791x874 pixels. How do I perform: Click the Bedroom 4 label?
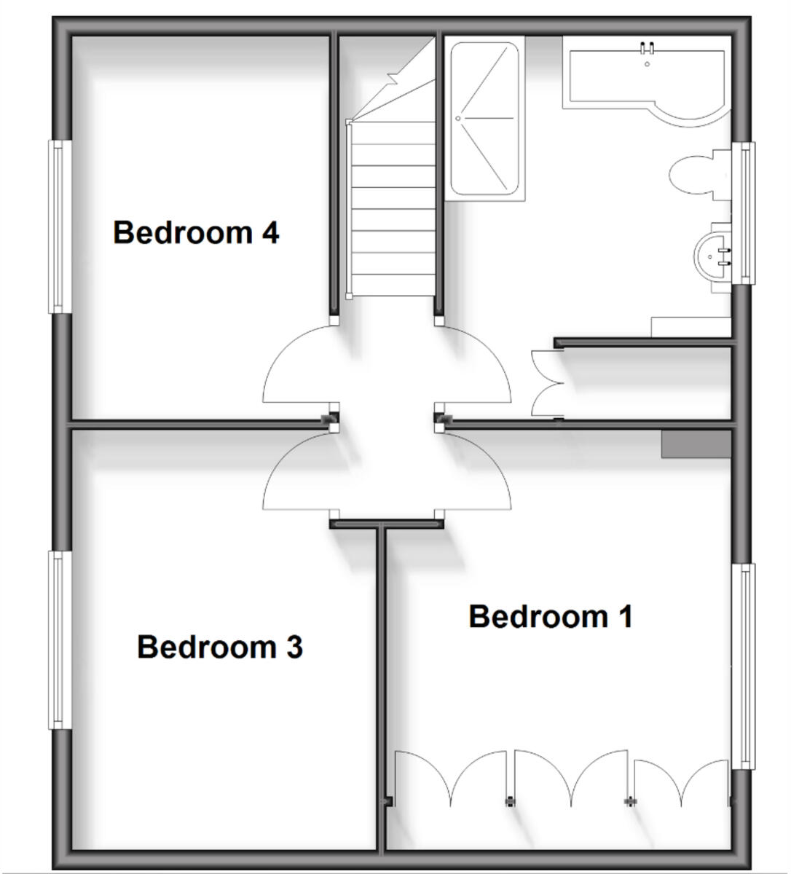coord(196,233)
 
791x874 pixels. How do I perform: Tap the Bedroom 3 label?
coord(219,647)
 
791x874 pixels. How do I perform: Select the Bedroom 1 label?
coord(550,617)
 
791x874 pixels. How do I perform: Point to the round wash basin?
coord(712,255)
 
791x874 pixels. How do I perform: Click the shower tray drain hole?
coord(459,118)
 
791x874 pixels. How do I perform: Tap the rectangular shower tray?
coord(484,119)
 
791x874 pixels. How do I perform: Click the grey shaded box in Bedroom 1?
coord(695,444)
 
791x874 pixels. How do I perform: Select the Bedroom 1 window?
coord(743,666)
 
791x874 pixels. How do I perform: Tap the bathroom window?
coord(743,213)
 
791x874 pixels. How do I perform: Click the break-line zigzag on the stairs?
coord(394,76)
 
